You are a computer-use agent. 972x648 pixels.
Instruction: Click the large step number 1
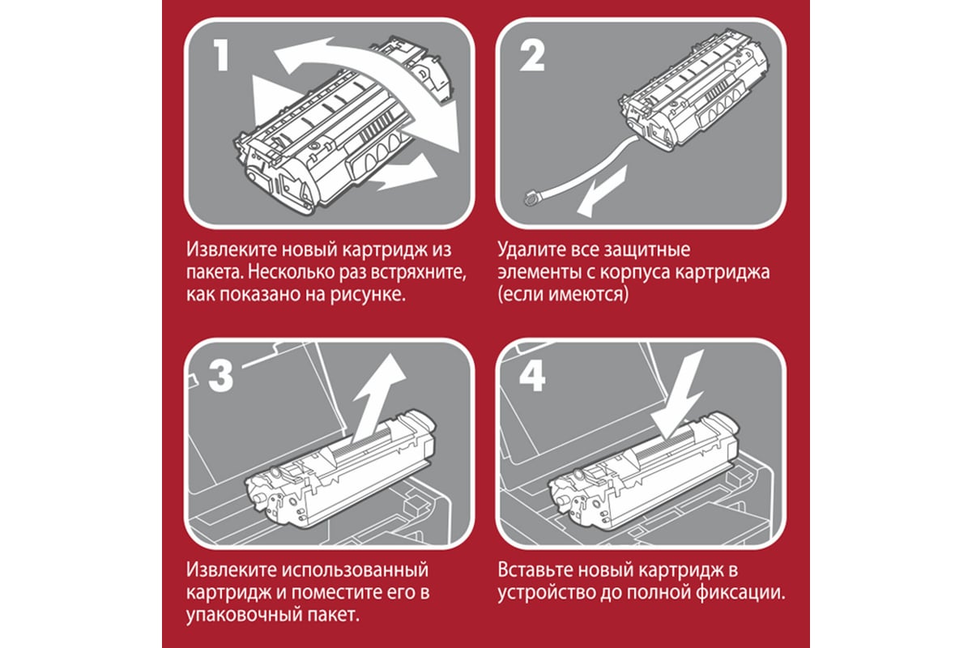coord(222,55)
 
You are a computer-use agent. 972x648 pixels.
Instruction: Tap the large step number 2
coord(532,55)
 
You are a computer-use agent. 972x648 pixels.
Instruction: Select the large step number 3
coord(221,377)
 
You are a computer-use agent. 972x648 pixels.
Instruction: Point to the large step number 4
coord(532,377)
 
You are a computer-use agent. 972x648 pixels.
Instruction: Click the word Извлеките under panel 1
coord(232,249)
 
